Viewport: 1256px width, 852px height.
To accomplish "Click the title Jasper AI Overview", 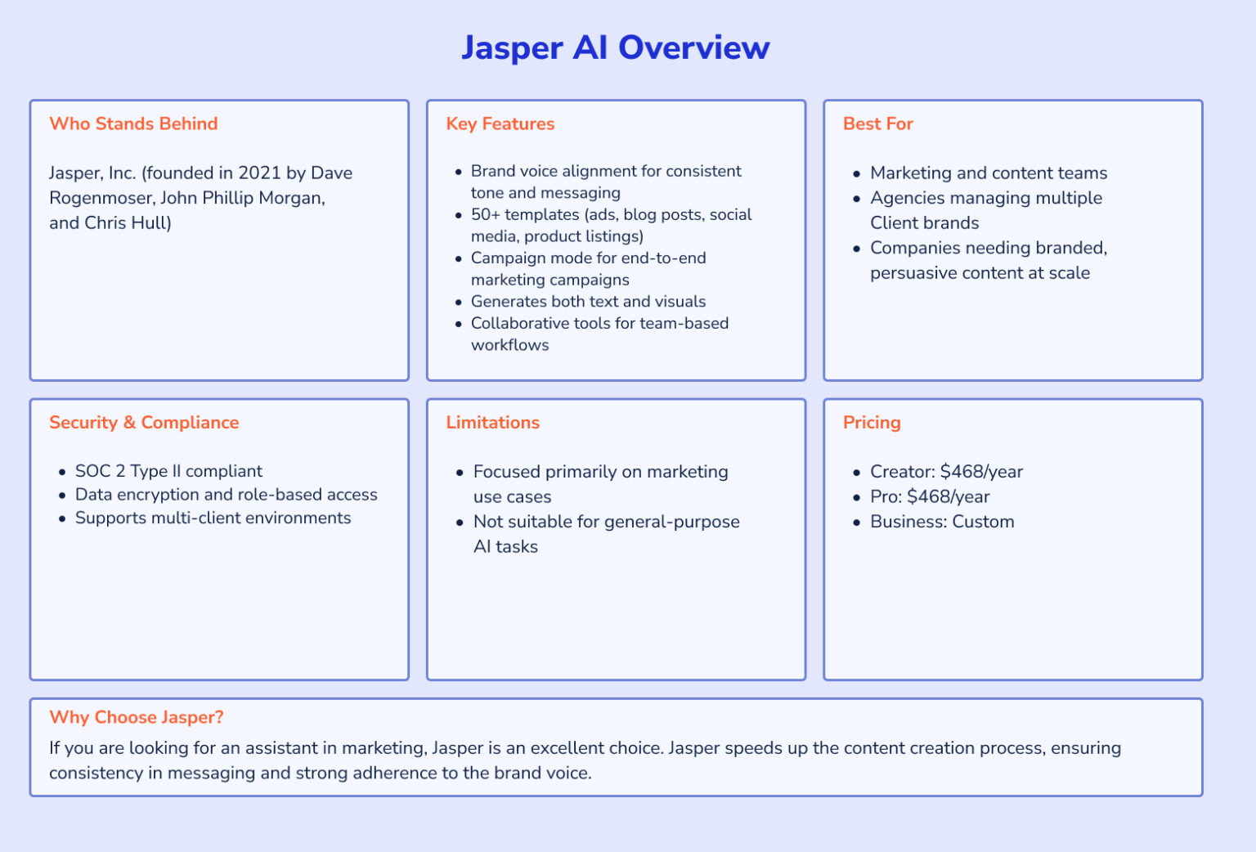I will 615,47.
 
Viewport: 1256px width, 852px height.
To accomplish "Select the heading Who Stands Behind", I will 133,123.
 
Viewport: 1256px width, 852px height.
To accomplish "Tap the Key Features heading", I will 500,123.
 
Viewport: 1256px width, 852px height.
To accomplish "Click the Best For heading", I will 877,123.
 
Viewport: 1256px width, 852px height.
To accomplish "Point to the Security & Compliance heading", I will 144,423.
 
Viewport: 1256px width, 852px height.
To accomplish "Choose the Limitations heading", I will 492,423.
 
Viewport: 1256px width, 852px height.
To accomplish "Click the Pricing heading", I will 872,423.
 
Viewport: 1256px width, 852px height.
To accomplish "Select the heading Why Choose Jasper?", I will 136,717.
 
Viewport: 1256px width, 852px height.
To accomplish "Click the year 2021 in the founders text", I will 259,173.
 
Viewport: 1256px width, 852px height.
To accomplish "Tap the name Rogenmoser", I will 101,198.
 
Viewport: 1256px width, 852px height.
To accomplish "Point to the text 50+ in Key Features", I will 485,215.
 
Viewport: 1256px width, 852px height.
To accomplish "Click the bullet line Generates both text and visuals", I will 588,302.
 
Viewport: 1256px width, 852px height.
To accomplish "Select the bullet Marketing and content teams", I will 988,173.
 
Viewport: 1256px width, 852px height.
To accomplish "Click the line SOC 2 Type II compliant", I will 168,471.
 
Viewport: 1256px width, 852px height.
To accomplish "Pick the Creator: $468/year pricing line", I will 946,472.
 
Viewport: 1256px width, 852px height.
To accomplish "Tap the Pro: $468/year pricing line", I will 930,497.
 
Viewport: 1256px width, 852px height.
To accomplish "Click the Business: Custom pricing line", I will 942,522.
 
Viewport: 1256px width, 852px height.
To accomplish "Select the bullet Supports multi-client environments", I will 213,518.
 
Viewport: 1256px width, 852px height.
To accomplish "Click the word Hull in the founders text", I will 147,223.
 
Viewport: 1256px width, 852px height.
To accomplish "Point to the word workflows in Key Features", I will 509,345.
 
